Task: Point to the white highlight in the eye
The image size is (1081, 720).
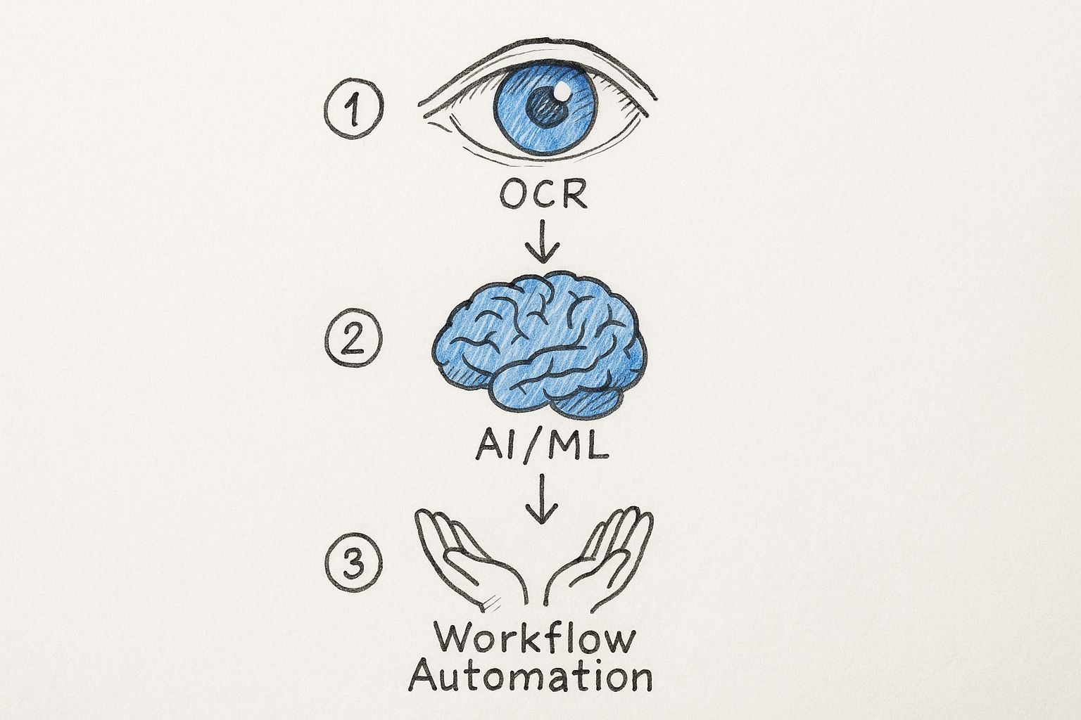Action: click(x=562, y=92)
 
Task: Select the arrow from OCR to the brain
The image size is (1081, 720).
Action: click(x=542, y=241)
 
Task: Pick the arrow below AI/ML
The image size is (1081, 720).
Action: click(x=540, y=499)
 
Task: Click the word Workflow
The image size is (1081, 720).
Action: click(x=535, y=639)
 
